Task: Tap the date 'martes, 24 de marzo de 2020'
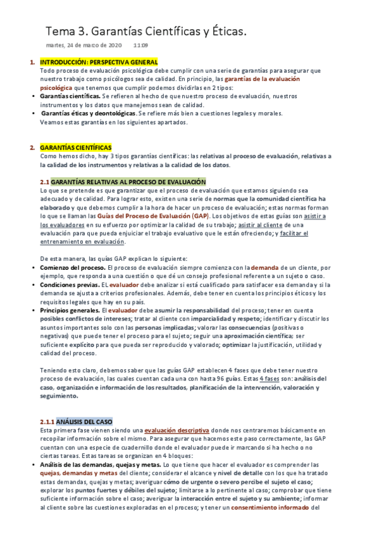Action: coord(84,46)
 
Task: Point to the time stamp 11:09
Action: coord(141,46)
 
